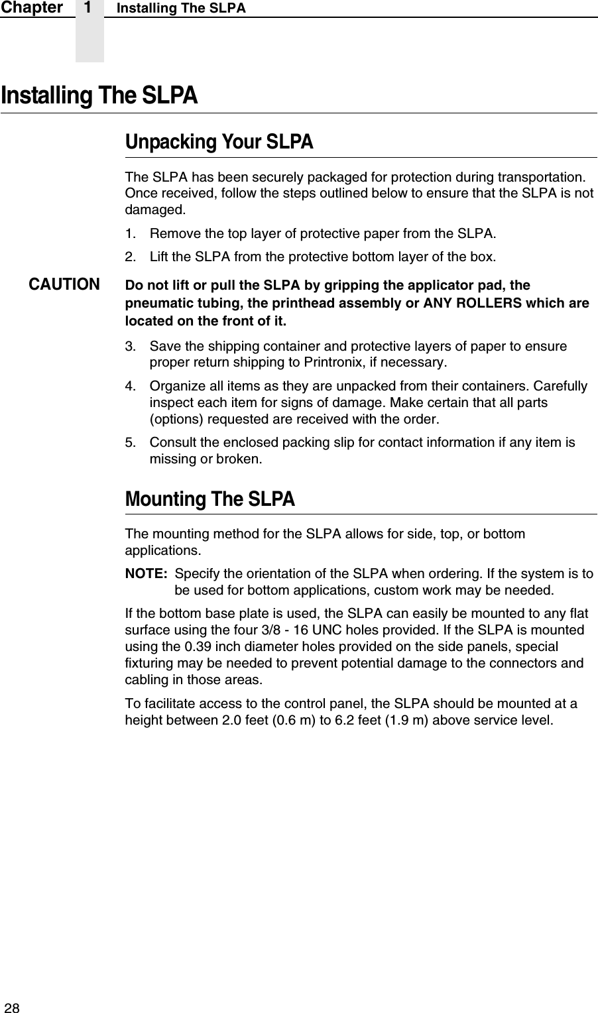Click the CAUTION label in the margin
point(64,285)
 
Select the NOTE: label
point(146,573)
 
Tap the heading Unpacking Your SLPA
point(219,143)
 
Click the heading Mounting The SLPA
point(209,499)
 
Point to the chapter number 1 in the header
point(89,8)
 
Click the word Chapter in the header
point(32,8)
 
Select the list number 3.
point(131,346)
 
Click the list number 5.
point(131,442)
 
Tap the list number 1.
point(131,233)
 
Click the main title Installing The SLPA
point(99,95)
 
